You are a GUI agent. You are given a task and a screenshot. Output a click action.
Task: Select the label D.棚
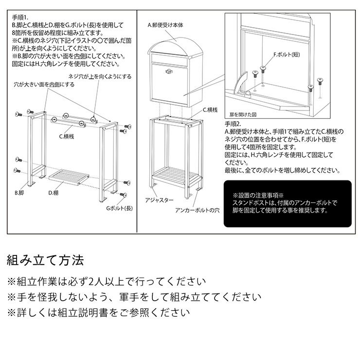[54, 193]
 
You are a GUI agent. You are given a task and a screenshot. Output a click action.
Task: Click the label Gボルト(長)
[120, 208]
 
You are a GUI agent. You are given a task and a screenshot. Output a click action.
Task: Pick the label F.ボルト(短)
[287, 54]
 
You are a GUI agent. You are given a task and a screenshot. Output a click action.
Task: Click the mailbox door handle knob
[169, 72]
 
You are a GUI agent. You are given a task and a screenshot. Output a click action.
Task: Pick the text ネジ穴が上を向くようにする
[100, 76]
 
